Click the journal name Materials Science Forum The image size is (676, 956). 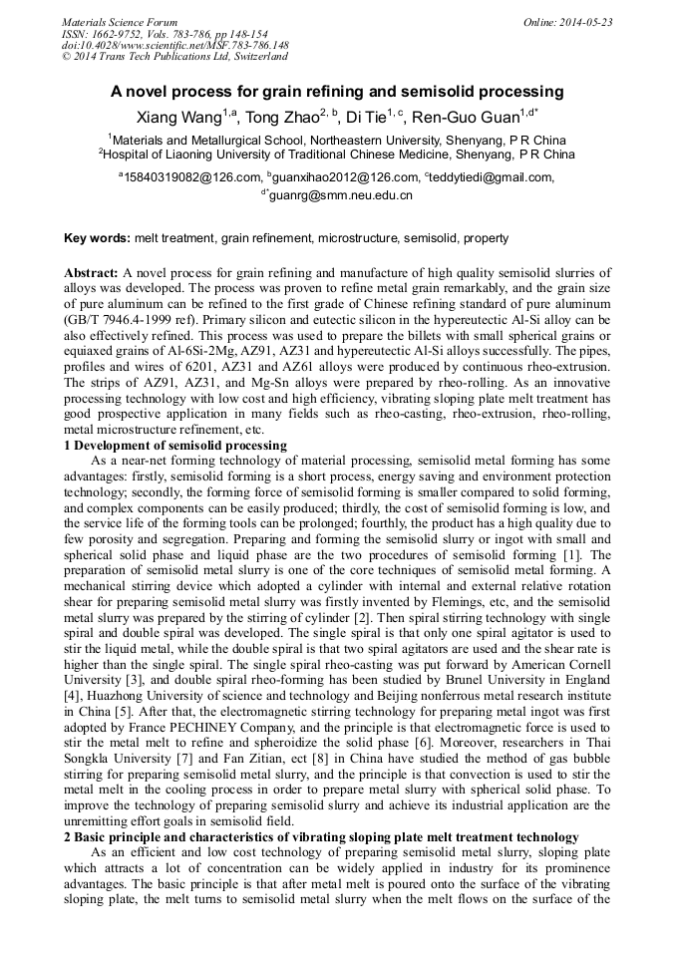[x=120, y=22]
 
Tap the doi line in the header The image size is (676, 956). [x=175, y=45]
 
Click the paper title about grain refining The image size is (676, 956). [x=337, y=91]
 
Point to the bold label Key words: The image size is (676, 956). [x=97, y=239]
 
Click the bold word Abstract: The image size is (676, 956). [x=92, y=272]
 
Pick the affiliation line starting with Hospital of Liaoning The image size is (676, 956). [x=339, y=156]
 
